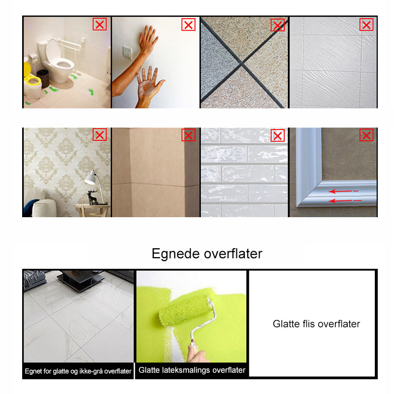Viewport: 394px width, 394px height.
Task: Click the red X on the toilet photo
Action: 100,24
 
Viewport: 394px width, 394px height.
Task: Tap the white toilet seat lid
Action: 53,51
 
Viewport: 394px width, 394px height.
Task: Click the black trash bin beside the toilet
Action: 43,78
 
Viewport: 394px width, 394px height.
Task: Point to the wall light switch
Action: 127,53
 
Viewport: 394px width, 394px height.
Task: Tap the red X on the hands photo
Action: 189,25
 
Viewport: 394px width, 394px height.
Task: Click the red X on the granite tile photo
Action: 278,25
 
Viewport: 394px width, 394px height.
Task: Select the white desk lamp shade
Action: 91,178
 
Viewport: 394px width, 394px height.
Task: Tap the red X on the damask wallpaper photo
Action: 100,134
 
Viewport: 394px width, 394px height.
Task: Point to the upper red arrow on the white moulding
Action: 343,192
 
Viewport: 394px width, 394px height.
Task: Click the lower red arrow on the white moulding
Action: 345,200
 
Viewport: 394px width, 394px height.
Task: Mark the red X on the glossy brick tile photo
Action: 278,136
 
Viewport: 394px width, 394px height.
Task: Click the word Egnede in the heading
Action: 175,254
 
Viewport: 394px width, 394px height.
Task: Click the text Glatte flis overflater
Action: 316,324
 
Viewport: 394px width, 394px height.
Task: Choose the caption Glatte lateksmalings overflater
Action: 192,370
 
